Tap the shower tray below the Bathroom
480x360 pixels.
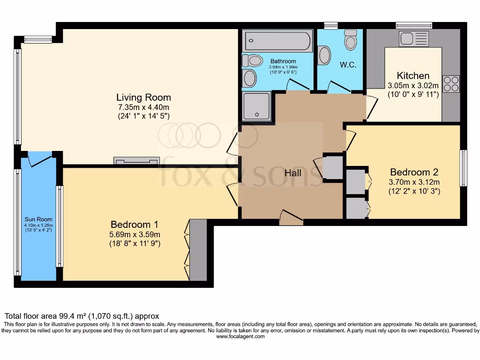click(257, 105)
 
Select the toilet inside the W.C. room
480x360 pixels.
click(350, 40)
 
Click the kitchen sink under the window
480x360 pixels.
click(413, 39)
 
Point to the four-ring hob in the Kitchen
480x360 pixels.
click(451, 84)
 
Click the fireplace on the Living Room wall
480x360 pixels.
click(136, 161)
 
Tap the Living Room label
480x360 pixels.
click(143, 97)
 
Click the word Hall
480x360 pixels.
click(293, 173)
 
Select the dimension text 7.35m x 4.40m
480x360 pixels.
click(143, 107)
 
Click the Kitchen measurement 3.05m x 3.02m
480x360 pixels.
click(413, 86)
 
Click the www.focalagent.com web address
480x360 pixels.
click(239, 336)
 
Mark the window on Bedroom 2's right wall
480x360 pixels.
click(463, 168)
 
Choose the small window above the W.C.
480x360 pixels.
click(331, 25)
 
